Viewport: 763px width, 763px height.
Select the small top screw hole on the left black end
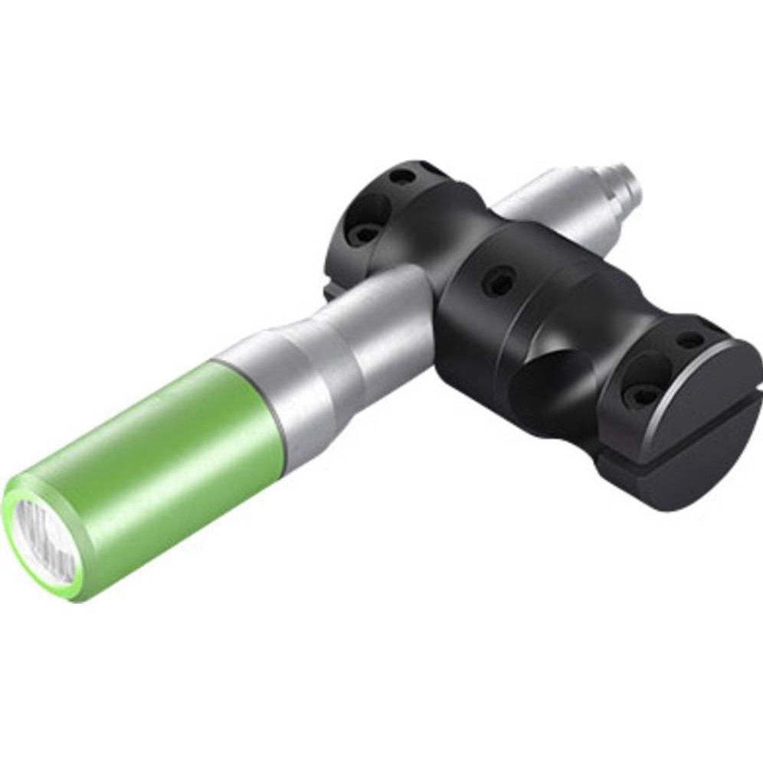point(399,177)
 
